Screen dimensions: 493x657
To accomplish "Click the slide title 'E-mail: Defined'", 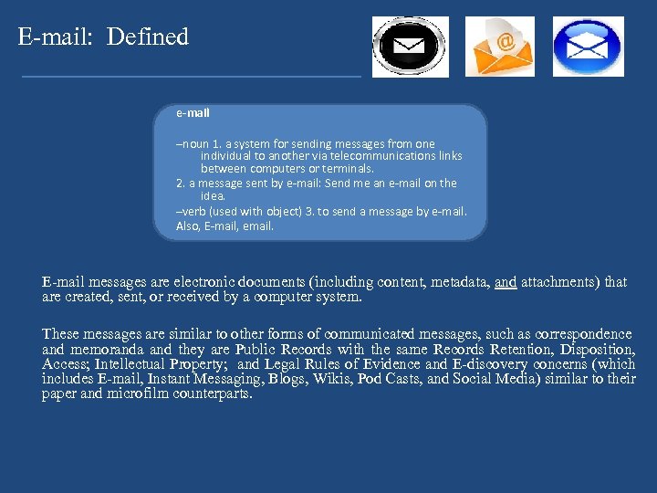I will tap(103, 37).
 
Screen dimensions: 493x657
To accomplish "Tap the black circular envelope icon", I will tap(410, 46).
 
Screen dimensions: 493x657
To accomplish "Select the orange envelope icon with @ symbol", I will tap(500, 47).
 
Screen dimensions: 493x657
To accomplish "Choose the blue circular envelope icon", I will tap(588, 47).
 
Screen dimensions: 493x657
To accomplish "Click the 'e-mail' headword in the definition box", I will tap(193, 113).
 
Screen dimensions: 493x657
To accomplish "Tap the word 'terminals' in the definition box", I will tap(348, 169).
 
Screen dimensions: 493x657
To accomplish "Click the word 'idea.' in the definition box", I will tap(213, 195).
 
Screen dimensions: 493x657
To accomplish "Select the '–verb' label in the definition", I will tap(193, 212).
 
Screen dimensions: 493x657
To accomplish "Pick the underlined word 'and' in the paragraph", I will tap(506, 282).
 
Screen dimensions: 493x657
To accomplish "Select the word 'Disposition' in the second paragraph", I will tap(596, 350).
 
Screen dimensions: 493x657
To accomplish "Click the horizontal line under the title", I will tap(192, 76).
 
